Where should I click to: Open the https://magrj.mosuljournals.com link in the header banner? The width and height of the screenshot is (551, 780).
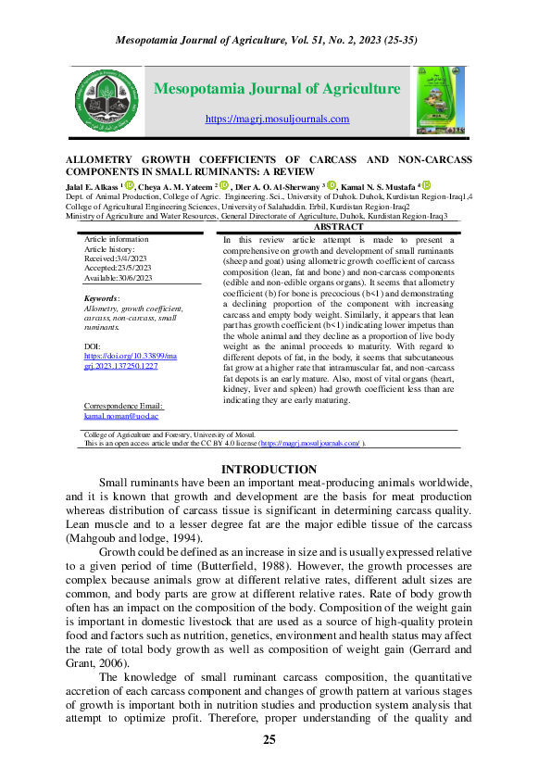(x=276, y=119)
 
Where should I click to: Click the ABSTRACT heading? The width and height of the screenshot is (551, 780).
(x=338, y=227)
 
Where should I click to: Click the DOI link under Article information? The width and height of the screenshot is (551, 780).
(x=120, y=361)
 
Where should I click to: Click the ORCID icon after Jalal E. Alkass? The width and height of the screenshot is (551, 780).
(x=130, y=186)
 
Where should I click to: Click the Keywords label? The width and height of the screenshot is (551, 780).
(x=101, y=298)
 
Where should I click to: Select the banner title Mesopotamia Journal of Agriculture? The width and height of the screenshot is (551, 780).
(x=276, y=89)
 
